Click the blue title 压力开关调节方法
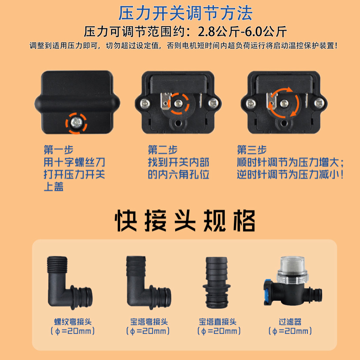[185, 13]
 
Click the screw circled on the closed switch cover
[76, 123]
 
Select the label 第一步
[59, 150]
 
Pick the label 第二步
[163, 150]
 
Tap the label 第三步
[252, 150]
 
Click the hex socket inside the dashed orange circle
[178, 103]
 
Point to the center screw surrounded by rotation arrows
[284, 103]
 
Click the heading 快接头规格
[185, 220]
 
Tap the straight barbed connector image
[217, 283]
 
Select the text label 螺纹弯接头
[73, 322]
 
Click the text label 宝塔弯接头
[149, 322]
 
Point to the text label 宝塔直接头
[218, 322]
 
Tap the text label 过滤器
[290, 322]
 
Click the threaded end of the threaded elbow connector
[57, 264]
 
